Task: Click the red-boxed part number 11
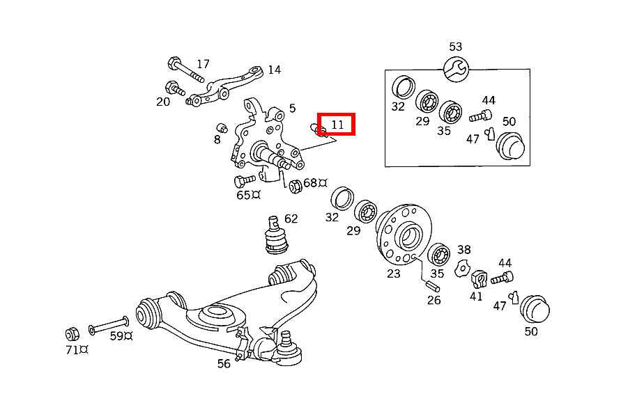[x=337, y=125]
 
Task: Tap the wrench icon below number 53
[x=456, y=68]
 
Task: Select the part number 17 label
[x=202, y=64]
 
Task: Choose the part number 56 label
[x=224, y=363]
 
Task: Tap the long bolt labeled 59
[x=108, y=325]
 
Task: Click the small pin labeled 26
[x=430, y=284]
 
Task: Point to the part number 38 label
[x=463, y=249]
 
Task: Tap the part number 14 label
[x=274, y=70]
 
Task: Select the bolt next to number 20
[x=174, y=88]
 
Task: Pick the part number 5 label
[x=292, y=108]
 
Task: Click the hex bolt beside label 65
[x=243, y=181]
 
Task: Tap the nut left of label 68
[x=294, y=185]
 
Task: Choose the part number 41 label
[x=476, y=296]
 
